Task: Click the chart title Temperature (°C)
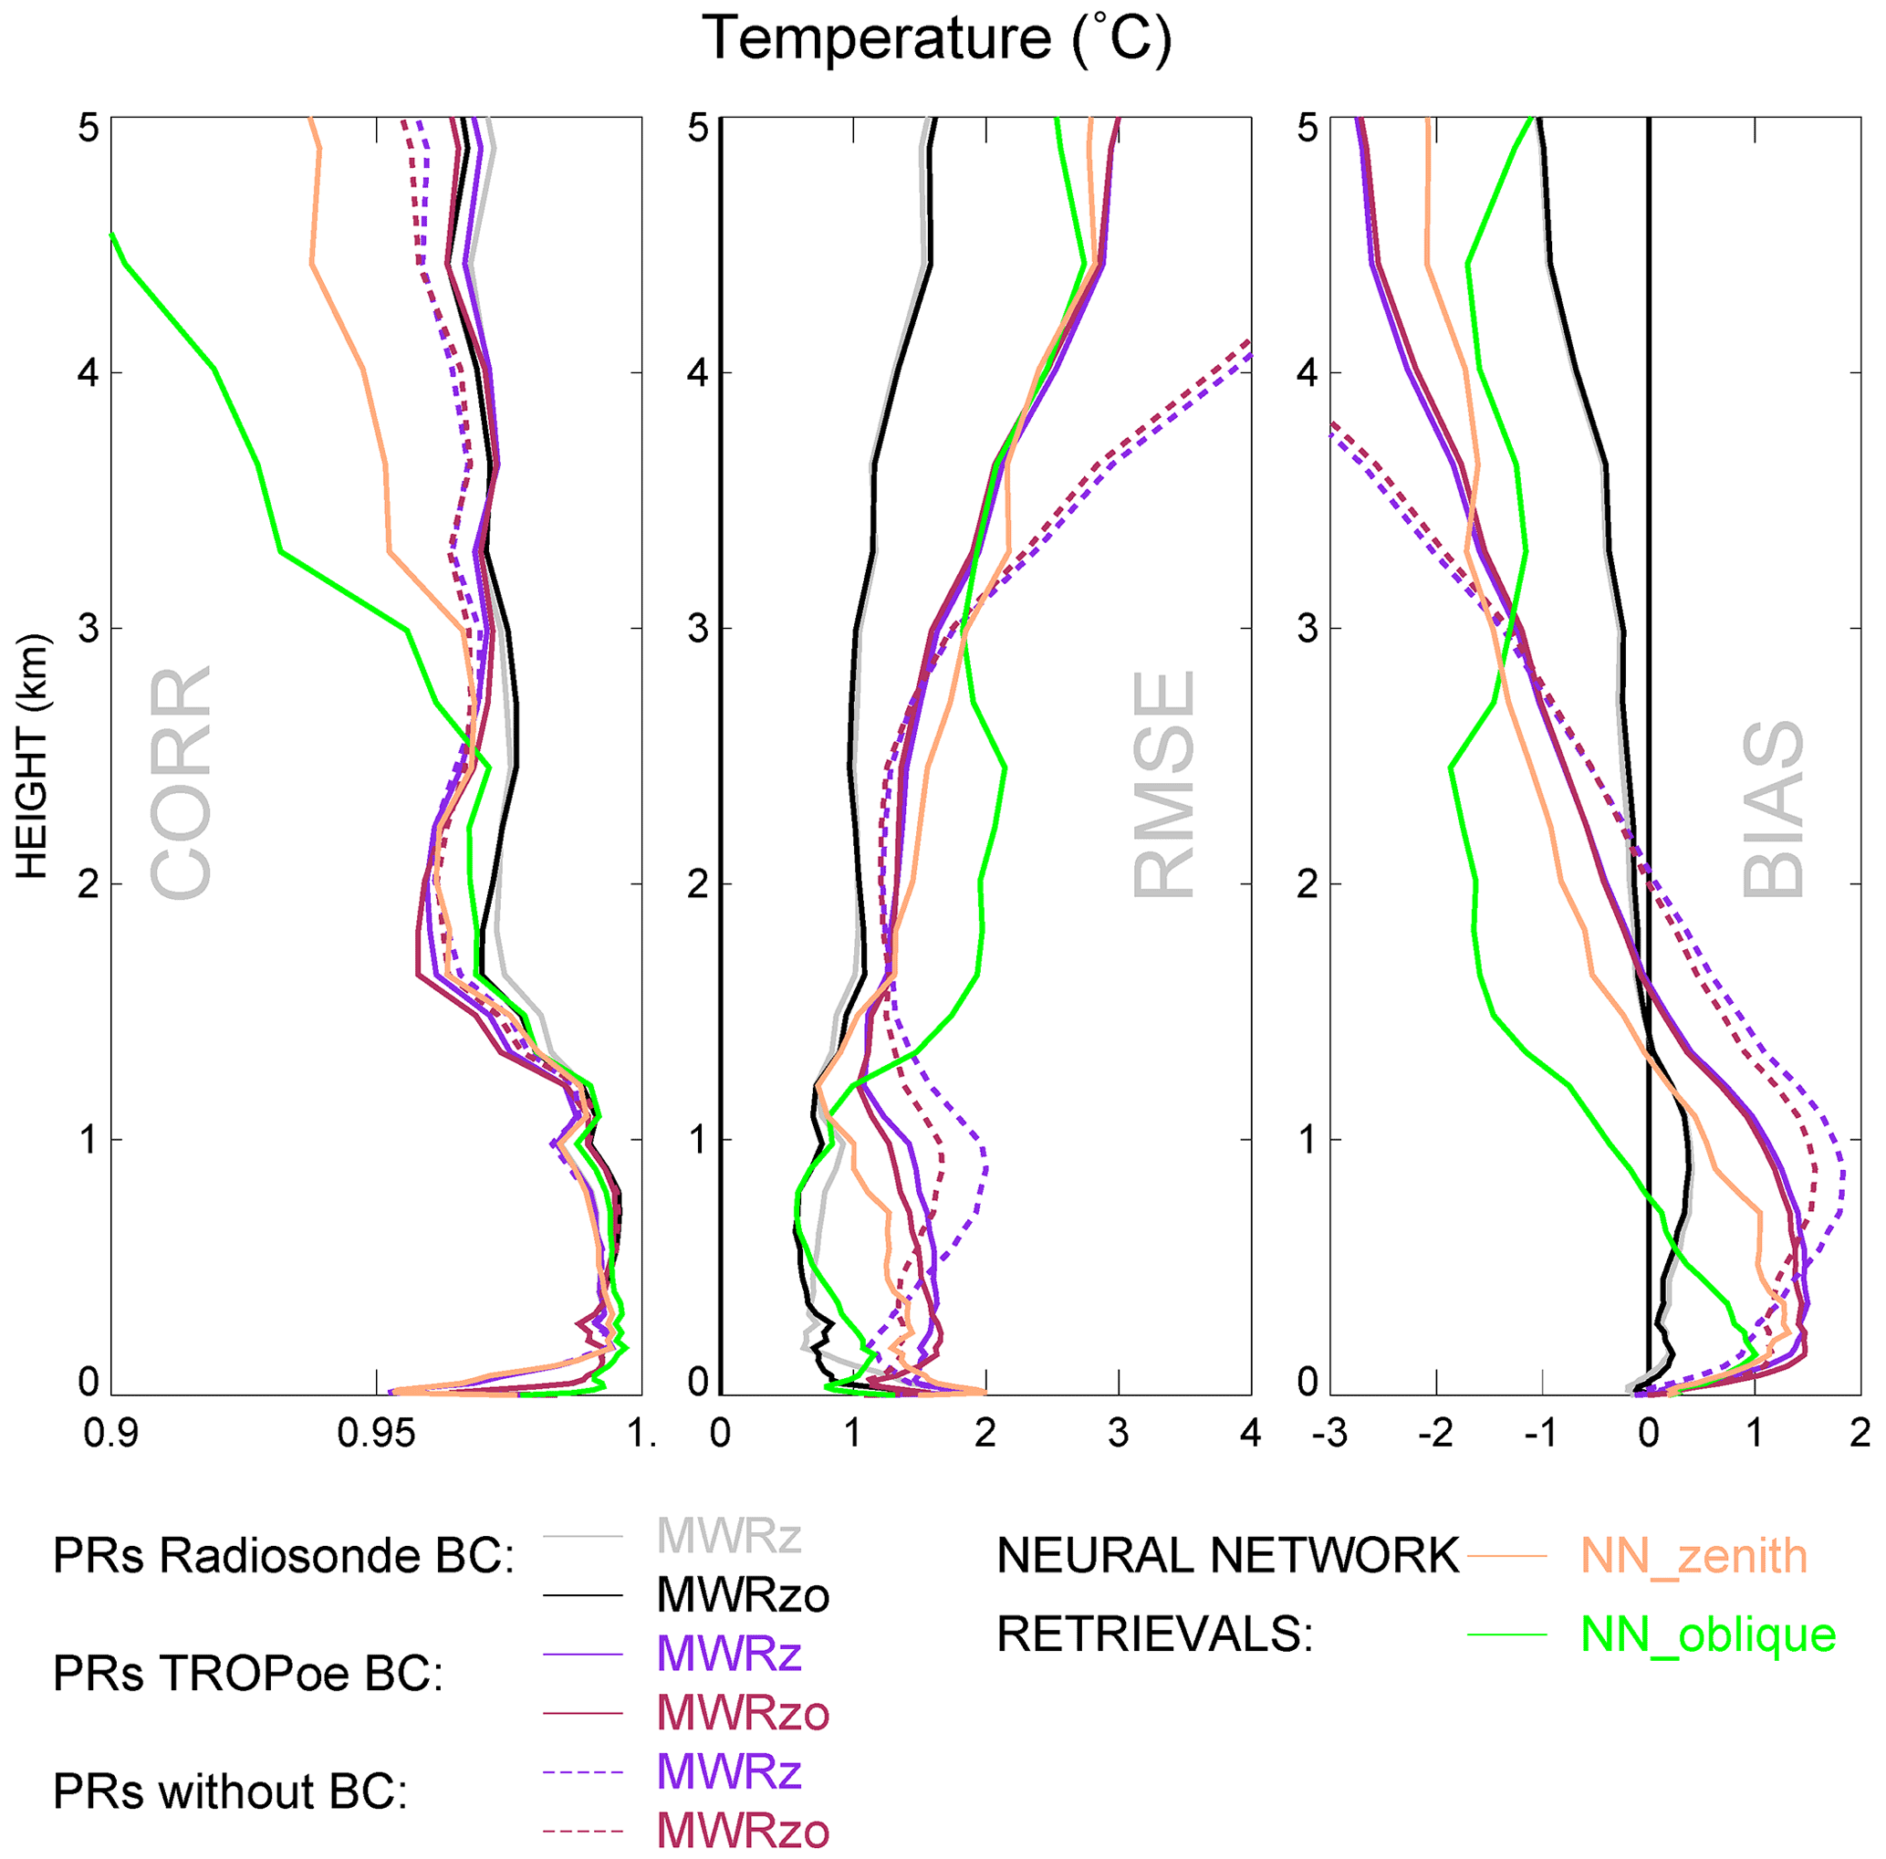point(936,39)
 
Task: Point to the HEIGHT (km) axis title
point(32,757)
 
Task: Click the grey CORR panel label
point(182,783)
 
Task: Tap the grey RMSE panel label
point(1163,784)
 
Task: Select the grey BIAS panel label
point(1773,809)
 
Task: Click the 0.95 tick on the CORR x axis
point(376,1435)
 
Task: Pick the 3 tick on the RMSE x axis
point(1119,1435)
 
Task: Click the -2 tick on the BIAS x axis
point(1435,1435)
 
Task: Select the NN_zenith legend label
point(1693,1556)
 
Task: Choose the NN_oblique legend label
point(1708,1634)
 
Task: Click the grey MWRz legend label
point(729,1537)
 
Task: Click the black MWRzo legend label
point(743,1596)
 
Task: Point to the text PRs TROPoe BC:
point(249,1674)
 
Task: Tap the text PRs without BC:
point(230,1791)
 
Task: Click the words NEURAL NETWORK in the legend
point(1228,1556)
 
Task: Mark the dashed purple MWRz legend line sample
point(583,1772)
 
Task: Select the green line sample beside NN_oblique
point(1507,1635)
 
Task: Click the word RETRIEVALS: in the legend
point(1155,1634)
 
